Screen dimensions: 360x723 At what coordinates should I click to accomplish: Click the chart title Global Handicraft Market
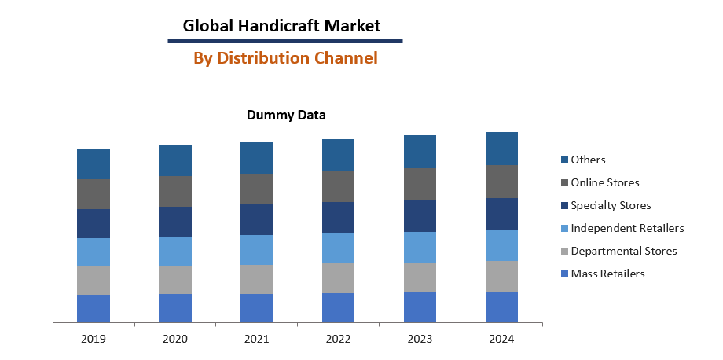(281, 25)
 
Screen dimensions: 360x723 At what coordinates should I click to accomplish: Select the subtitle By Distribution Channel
(285, 57)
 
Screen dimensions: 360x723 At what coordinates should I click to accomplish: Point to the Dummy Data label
(286, 115)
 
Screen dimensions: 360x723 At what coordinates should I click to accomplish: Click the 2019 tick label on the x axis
(93, 339)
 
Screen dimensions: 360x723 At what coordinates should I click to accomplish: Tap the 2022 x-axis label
(338, 339)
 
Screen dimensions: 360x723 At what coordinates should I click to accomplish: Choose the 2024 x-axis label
(501, 339)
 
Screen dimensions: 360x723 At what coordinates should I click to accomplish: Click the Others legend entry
(588, 160)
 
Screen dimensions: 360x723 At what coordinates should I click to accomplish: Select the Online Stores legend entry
(604, 182)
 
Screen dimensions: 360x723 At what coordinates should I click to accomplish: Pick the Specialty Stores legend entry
(611, 205)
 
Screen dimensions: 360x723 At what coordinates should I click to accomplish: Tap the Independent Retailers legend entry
(627, 228)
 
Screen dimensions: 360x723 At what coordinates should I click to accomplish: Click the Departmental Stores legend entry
(623, 251)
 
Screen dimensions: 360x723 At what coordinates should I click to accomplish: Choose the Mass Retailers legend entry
(607, 274)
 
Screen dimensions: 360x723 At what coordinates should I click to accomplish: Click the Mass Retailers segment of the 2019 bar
(94, 308)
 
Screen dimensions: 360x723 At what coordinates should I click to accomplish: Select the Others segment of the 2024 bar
(501, 149)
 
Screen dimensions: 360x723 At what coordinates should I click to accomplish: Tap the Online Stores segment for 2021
(257, 189)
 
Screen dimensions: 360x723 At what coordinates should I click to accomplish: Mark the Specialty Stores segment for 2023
(420, 216)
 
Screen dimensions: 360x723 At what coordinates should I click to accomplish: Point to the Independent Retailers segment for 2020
(175, 251)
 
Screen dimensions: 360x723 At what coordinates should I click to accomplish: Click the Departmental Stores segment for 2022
(338, 278)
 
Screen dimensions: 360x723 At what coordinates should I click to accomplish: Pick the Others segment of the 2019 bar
(94, 163)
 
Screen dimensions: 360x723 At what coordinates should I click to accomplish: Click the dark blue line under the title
(285, 41)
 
